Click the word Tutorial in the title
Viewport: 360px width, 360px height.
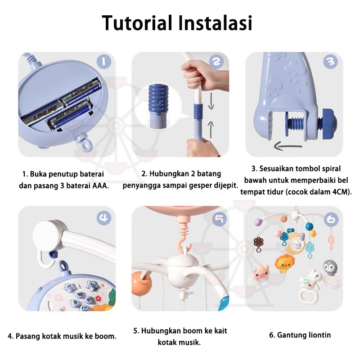coord(137,23)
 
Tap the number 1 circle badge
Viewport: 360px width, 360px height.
coord(104,62)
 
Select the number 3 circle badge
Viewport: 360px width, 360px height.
coord(330,61)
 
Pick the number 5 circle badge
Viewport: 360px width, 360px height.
coord(220,219)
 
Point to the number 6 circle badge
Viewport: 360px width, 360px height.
coord(331,220)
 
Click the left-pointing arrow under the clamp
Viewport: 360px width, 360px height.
coord(288,146)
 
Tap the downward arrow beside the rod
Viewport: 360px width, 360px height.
coord(211,100)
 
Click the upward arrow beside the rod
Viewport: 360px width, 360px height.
coord(211,130)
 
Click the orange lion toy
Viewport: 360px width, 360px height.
coord(285,264)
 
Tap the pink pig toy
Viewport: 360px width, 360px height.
coord(261,273)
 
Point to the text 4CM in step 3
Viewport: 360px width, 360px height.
coord(341,192)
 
